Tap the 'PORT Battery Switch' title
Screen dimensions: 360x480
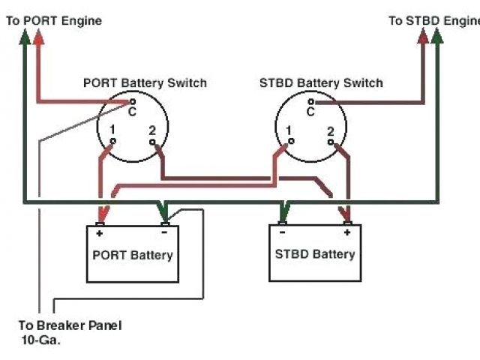pos(145,82)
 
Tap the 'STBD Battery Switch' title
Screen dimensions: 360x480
pos(320,82)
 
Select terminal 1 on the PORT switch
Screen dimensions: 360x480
pos(112,141)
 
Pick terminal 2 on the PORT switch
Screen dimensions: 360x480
pos(157,141)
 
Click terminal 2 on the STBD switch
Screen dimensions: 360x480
pos(334,141)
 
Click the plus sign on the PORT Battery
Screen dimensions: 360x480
pos(99,233)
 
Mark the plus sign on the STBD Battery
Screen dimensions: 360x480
pos(347,232)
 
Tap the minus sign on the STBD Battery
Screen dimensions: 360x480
pos(281,232)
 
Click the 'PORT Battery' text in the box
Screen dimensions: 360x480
pos(133,255)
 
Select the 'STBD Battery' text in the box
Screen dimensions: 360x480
pos(315,254)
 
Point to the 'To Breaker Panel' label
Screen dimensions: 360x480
pos(70,325)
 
